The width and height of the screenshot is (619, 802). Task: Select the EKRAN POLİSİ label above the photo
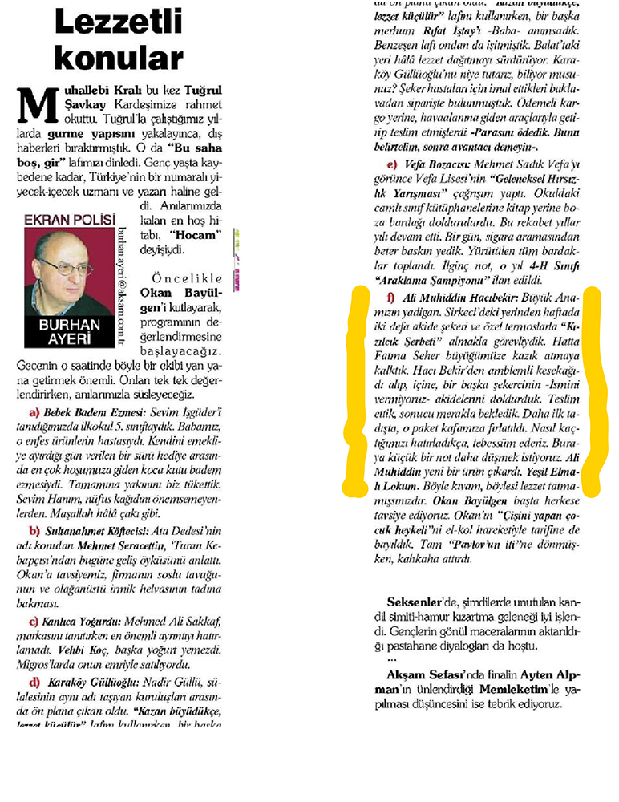(x=70, y=218)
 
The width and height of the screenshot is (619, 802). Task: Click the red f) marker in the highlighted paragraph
(x=389, y=298)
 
